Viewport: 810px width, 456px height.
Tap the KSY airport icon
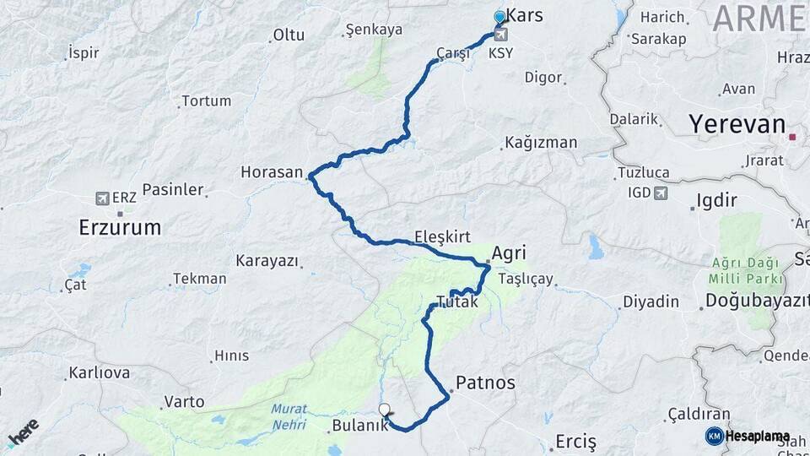[x=501, y=35]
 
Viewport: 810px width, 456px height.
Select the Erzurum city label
[x=120, y=226]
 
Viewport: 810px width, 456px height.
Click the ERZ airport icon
[x=102, y=198]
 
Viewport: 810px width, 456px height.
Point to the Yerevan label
[x=737, y=124]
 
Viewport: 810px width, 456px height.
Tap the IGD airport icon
[x=660, y=193]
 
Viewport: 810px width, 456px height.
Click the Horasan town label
[x=271, y=171]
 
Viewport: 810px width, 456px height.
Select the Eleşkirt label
[x=442, y=236]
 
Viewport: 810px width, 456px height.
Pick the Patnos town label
[x=484, y=383]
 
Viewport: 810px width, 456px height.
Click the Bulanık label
[x=360, y=426]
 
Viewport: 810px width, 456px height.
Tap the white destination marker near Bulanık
[x=385, y=411]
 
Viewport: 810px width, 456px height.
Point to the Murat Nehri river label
[x=289, y=416]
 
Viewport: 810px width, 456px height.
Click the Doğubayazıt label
[x=752, y=300]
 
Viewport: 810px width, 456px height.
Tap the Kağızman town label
[x=541, y=142]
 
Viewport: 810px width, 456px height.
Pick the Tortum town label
[x=206, y=100]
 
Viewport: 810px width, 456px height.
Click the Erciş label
[x=575, y=441]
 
